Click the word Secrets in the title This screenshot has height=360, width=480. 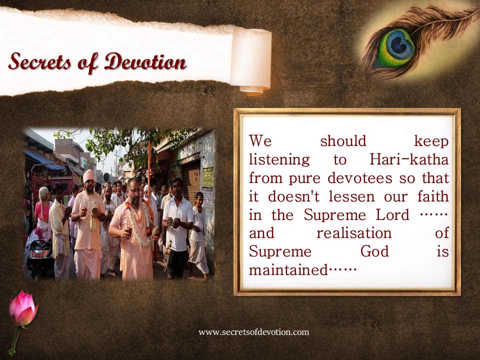coord(40,61)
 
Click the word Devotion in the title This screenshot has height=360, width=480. coord(145,61)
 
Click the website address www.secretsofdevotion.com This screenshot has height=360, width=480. coord(254,332)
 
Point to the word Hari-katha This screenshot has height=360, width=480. coord(409,159)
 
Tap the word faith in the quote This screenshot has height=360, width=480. coord(433,196)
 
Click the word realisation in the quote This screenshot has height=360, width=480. coord(354,233)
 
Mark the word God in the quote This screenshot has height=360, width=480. coord(374,251)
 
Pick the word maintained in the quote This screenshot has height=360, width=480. coord(288,270)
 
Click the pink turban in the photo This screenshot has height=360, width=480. coord(89,175)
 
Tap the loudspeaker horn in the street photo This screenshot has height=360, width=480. coord(106,177)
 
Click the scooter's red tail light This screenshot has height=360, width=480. coord(39,253)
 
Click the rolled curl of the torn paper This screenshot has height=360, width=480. coord(251,60)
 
